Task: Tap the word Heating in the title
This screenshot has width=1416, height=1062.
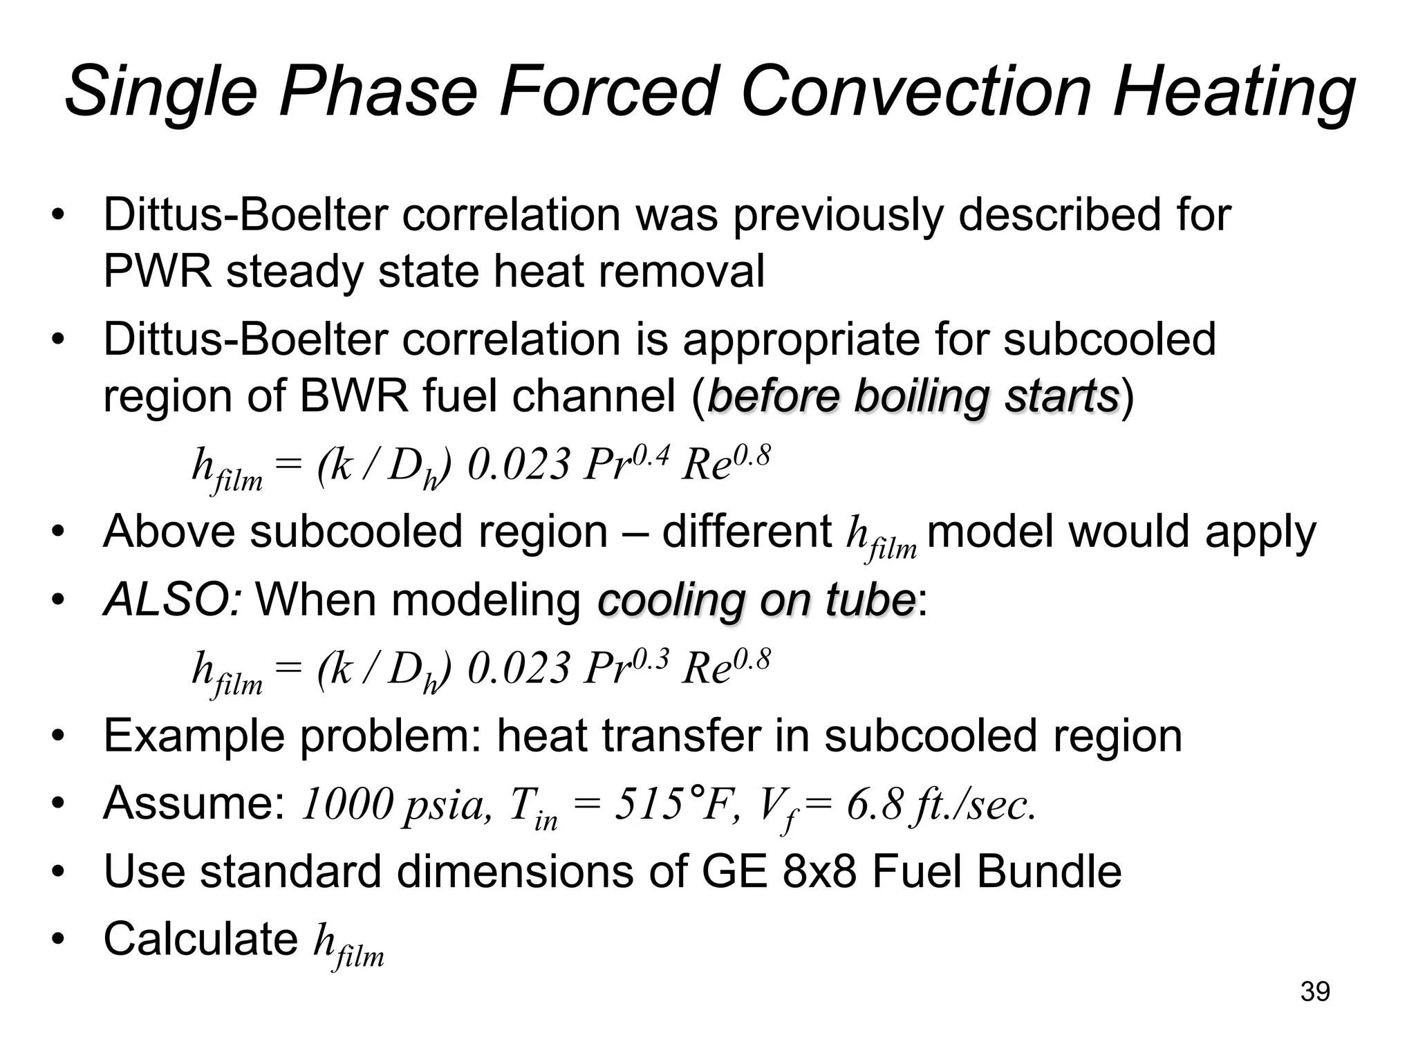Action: click(x=1234, y=91)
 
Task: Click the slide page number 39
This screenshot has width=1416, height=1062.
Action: click(x=1315, y=991)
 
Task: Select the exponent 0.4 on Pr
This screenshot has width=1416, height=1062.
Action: click(x=651, y=455)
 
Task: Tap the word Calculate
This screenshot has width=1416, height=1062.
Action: click(x=201, y=938)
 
